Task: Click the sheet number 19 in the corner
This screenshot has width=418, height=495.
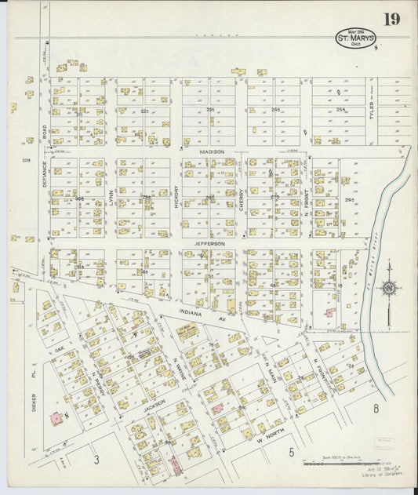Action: tap(393, 20)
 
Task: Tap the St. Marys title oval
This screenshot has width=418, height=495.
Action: tap(356, 38)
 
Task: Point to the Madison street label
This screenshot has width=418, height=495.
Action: tap(212, 151)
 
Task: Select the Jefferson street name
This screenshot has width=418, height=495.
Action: tap(209, 244)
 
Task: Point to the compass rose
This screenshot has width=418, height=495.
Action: tap(387, 289)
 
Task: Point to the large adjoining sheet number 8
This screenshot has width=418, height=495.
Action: tap(376, 408)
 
